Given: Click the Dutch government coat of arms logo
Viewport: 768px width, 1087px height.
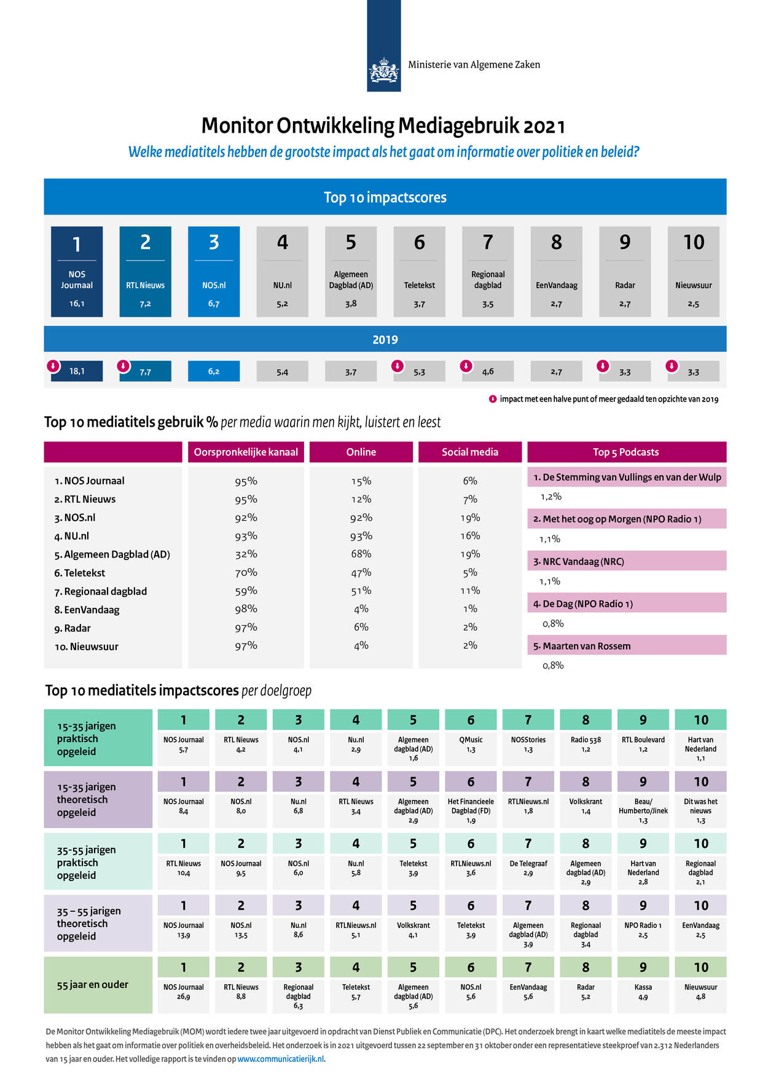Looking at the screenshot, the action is point(383,71).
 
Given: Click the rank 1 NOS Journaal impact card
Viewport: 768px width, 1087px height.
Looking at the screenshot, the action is point(77,272).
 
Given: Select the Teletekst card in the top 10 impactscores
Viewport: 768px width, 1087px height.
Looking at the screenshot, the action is point(419,272).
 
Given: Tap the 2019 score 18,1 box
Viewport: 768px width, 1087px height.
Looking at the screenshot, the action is point(77,371).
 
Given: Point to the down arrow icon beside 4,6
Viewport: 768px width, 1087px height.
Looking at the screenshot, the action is point(466,366).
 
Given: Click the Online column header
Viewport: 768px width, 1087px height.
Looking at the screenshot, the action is point(361,452).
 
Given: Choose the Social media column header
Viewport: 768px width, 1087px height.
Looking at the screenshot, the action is point(470,452).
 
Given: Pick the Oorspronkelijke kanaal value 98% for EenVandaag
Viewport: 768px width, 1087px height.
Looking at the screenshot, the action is point(246,609).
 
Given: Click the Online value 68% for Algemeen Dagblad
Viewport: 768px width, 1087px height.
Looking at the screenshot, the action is point(361,554).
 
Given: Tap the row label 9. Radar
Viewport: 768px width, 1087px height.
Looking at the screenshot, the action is point(72,628).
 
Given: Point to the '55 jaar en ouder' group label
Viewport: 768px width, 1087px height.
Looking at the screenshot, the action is point(93,984).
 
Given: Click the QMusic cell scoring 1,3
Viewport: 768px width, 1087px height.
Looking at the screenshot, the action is point(471,749).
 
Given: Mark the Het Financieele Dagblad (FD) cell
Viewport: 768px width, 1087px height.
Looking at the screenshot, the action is point(471,810).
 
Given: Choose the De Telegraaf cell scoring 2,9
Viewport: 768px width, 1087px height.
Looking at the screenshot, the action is point(528,872).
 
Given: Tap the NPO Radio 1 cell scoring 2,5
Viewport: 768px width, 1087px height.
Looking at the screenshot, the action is point(643,935).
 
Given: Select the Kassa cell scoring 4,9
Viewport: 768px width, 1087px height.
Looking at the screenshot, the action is point(643,996).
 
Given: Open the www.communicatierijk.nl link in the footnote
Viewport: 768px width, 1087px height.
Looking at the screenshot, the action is point(281,1059).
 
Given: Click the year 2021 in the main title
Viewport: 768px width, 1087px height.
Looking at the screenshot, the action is point(544,126).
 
